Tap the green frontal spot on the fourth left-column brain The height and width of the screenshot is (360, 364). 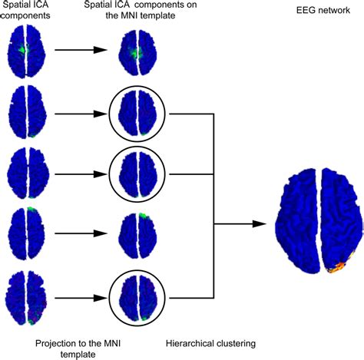tap(31, 210)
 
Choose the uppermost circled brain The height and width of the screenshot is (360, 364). tap(136, 112)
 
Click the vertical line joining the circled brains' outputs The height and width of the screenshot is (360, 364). tap(209, 203)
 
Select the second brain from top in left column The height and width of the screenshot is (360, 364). tap(26, 112)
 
